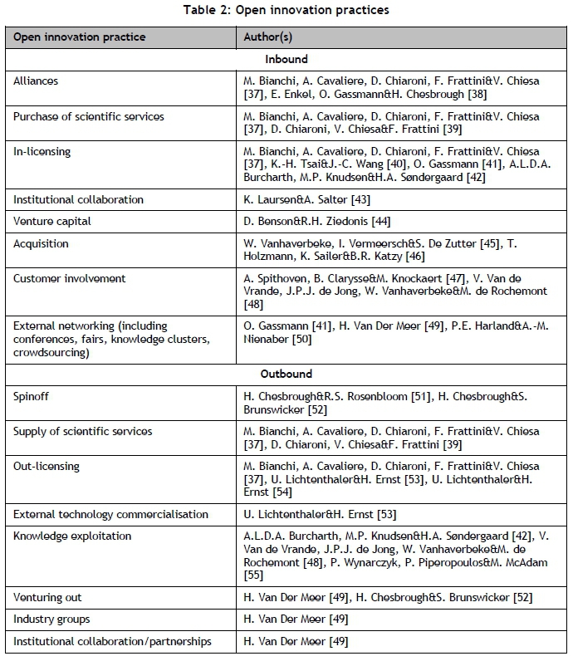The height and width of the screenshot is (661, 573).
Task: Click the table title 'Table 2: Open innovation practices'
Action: tap(286, 11)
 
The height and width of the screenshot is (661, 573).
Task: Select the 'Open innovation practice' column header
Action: tap(80, 37)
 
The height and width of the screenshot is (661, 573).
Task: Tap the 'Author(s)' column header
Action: tap(267, 37)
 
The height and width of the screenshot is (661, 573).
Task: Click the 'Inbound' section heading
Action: tap(286, 59)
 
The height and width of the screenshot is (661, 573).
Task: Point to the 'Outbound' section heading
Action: tap(286, 375)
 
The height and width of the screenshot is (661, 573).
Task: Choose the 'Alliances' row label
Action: tap(36, 81)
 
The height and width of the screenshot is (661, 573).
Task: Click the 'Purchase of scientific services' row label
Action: tap(89, 116)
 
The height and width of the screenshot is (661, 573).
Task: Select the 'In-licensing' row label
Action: tap(42, 151)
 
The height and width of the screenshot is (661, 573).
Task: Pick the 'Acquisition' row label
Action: tap(41, 244)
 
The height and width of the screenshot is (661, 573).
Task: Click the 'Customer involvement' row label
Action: tap(68, 279)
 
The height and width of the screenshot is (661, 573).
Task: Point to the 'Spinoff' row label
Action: tap(32, 396)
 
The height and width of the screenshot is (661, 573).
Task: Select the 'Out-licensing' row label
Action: tap(47, 466)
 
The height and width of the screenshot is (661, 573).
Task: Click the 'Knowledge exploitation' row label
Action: tap(72, 536)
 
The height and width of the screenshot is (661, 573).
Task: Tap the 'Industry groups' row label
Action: tap(51, 619)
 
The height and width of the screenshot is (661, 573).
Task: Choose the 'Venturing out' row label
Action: tap(47, 597)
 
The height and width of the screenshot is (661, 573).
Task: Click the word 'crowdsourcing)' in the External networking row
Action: tap(51, 352)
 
